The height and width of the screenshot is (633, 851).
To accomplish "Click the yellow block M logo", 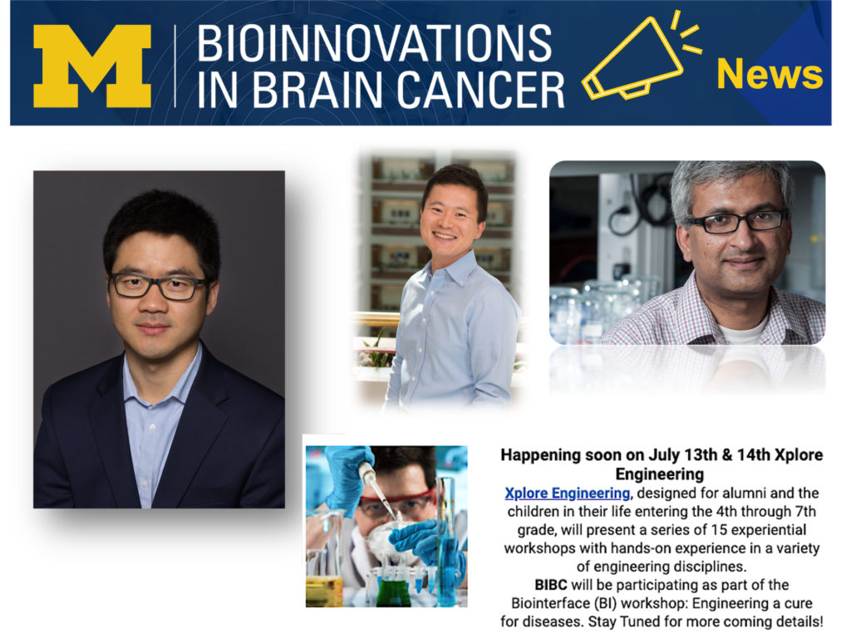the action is coord(92,66).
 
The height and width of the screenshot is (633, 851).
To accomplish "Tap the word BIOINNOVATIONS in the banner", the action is coord(375,43).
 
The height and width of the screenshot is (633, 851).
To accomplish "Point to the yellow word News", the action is coord(770,74).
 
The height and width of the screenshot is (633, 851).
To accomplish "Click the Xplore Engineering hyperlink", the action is coord(567,493).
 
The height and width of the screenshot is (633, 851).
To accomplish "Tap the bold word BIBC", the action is coord(551,585).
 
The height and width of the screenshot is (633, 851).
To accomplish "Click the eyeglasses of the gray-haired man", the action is coord(735,221).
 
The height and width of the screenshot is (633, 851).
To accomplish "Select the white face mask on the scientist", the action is coord(380,542).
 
